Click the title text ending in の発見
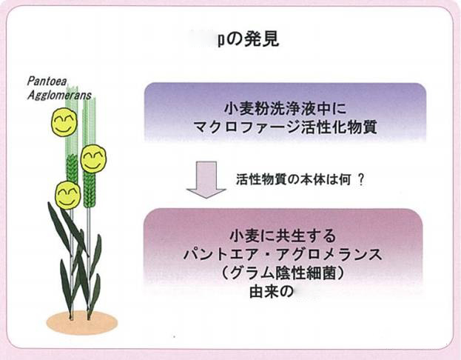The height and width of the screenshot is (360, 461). click(248, 39)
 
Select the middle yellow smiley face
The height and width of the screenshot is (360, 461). click(93, 159)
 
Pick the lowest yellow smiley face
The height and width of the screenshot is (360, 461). click(68, 195)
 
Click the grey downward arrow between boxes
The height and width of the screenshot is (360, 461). click(206, 181)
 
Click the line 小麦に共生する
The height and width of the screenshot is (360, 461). click(283, 236)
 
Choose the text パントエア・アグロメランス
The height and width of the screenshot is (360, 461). click(283, 255)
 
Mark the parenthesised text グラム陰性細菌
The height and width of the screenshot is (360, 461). click(283, 273)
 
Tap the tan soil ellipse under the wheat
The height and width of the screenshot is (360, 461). click(81, 321)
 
